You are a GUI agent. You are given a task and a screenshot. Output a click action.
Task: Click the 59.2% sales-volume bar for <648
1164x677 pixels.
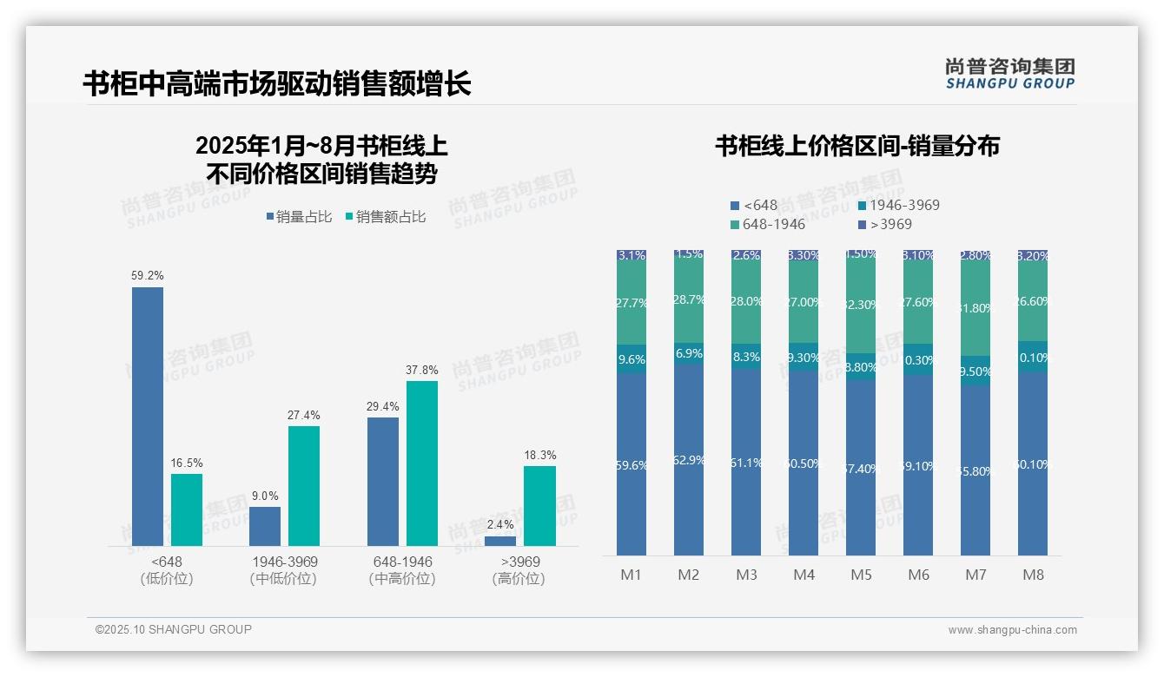pyautogui.click(x=148, y=417)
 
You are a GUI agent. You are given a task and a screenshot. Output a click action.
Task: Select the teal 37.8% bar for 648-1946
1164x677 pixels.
pyautogui.click(x=422, y=463)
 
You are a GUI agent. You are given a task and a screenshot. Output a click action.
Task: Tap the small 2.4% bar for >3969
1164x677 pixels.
pyautogui.click(x=500, y=541)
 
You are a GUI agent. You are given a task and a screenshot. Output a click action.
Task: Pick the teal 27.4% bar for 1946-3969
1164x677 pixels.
pyautogui.click(x=304, y=486)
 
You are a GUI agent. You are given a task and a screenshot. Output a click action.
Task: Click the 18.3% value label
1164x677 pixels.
pyautogui.click(x=539, y=455)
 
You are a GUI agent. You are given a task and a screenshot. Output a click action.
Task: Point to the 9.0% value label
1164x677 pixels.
pyautogui.click(x=265, y=496)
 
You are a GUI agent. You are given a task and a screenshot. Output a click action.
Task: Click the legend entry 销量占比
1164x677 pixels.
pyautogui.click(x=299, y=217)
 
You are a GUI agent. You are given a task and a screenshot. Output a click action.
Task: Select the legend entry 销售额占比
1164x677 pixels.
pyautogui.click(x=385, y=217)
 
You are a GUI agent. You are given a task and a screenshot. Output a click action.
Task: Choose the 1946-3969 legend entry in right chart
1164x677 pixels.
pyautogui.click(x=898, y=206)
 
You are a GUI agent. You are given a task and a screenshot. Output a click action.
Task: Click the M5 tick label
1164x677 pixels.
pyautogui.click(x=861, y=575)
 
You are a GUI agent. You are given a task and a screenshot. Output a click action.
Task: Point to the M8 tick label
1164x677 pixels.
pyautogui.click(x=1033, y=575)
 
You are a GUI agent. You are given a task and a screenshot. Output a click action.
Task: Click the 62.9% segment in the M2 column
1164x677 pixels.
pyautogui.click(x=689, y=460)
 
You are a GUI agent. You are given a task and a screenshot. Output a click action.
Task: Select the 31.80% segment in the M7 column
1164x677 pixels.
pyautogui.click(x=976, y=308)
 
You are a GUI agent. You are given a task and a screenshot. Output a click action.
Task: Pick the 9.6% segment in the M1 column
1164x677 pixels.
pyautogui.click(x=632, y=358)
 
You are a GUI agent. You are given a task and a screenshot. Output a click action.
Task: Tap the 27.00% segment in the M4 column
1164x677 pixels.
pyautogui.click(x=804, y=302)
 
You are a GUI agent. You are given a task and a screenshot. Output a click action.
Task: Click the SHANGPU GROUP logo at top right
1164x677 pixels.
pyautogui.click(x=1010, y=73)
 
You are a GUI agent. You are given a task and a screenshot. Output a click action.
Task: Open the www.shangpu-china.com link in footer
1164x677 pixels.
pyautogui.click(x=1012, y=630)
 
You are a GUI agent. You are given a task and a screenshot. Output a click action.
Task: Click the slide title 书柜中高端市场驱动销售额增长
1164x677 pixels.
pyautogui.click(x=277, y=84)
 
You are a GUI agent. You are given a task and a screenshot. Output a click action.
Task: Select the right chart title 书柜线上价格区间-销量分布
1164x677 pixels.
pyautogui.click(x=857, y=146)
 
